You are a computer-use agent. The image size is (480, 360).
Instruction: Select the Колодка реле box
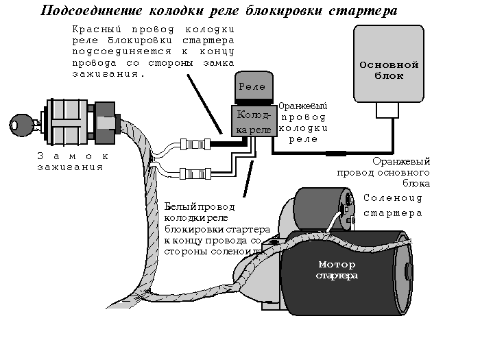[x=253, y=121]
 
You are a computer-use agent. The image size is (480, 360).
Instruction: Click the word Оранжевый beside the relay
[x=302, y=107]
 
